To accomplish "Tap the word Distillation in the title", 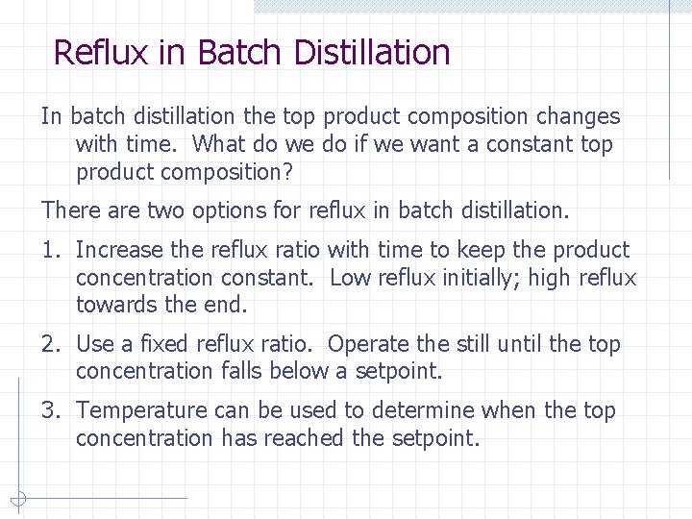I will coord(372,52).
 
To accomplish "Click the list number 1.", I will coord(48,250).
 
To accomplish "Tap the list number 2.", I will coord(48,344).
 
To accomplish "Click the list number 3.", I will coord(48,410).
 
